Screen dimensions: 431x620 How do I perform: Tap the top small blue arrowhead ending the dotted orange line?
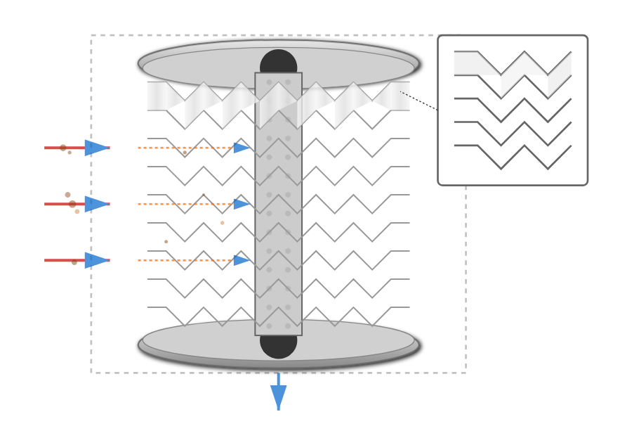[241, 148]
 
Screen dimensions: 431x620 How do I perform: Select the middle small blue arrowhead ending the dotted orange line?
[241, 204]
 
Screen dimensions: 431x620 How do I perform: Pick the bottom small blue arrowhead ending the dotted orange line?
[241, 260]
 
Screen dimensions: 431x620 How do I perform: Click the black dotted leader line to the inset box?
[419, 101]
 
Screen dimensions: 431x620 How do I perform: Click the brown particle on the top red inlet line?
[63, 148]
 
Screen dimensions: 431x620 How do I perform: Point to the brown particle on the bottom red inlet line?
[74, 262]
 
